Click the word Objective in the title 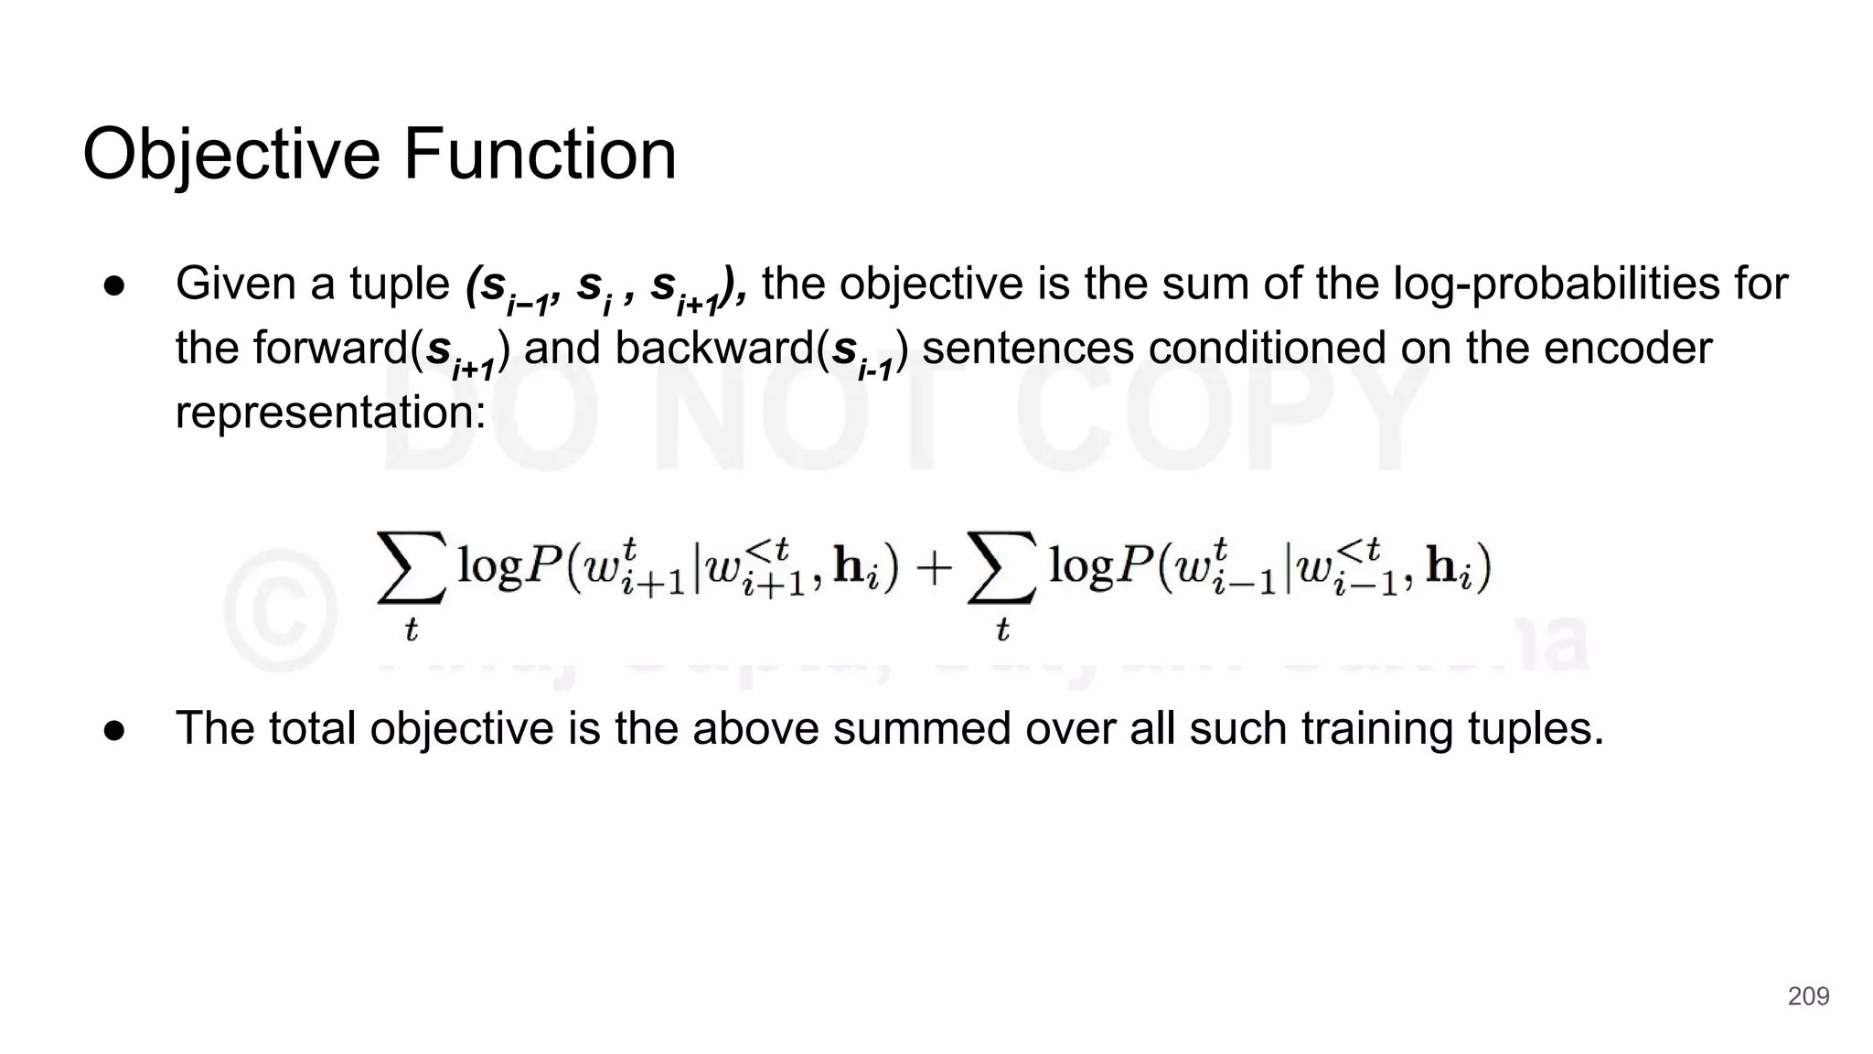tap(230, 155)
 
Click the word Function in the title tap(540, 155)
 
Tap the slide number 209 tap(1808, 996)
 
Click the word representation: tap(330, 413)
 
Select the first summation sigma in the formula tap(411, 568)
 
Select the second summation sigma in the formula tap(1001, 568)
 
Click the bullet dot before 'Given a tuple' tap(114, 285)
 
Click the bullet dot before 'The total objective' tap(114, 730)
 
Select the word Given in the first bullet tap(237, 284)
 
